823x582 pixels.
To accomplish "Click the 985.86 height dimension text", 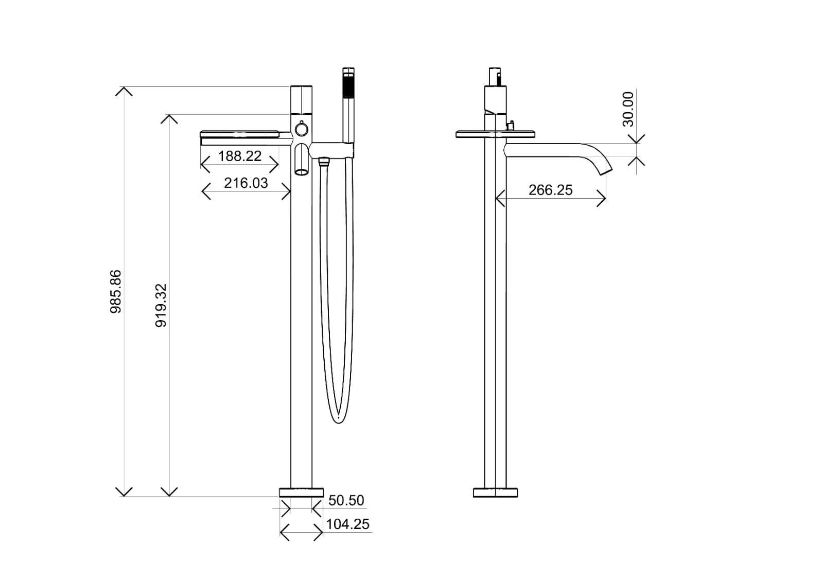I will click(116, 291).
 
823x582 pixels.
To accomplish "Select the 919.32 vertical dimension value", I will click(161, 305).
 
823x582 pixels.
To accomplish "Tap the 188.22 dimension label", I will click(240, 156).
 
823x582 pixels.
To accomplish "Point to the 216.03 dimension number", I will click(246, 183).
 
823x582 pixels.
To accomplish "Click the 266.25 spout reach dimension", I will click(550, 190).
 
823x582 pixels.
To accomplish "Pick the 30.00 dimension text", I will click(628, 109).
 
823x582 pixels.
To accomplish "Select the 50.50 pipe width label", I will click(346, 500).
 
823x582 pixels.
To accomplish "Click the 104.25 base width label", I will click(348, 524).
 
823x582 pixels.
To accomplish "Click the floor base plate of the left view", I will click(301, 492).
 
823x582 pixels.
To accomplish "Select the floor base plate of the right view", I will click(495, 492).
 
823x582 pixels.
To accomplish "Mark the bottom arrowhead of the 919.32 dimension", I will click(169, 492).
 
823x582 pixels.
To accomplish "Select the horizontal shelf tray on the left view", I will click(239, 135).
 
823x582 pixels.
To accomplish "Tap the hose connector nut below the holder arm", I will click(323, 162).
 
